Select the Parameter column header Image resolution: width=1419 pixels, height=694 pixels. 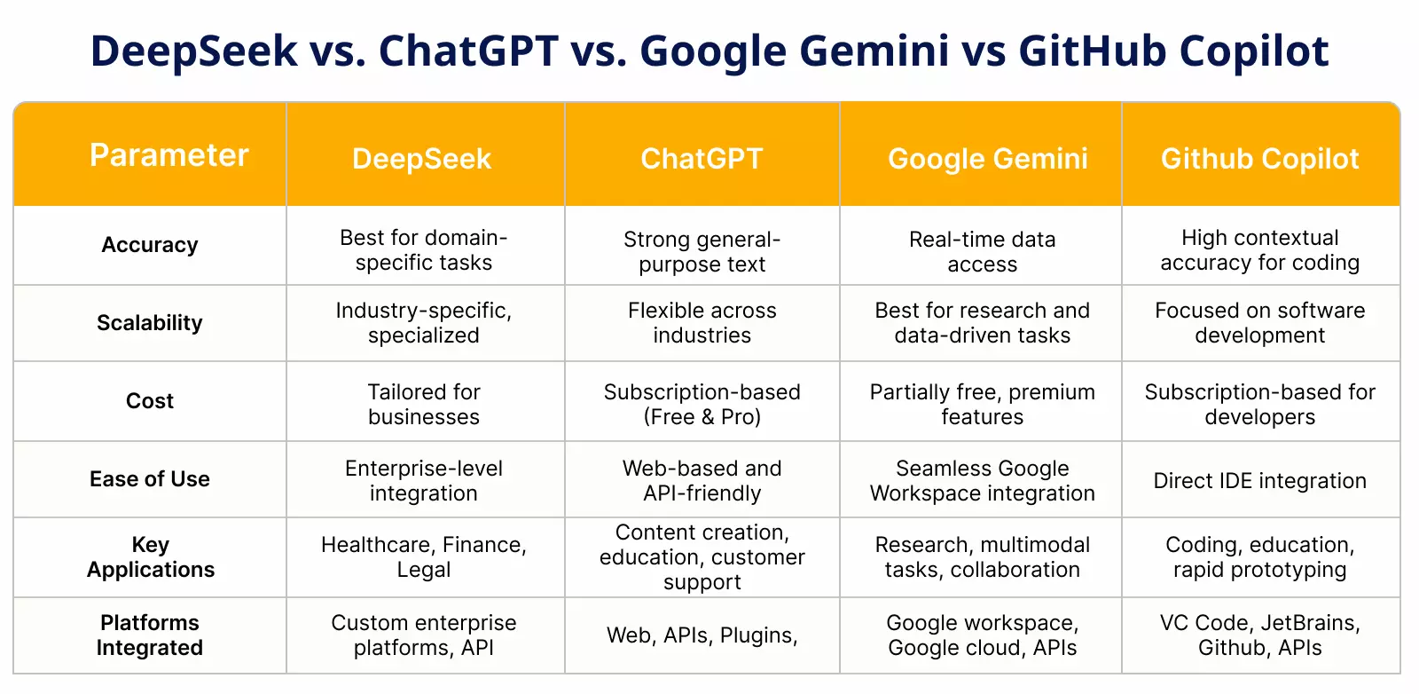click(169, 155)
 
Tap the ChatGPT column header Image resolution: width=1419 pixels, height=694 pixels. click(702, 159)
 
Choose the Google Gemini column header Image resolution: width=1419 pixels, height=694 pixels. click(988, 160)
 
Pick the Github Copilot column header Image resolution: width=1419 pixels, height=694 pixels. click(1260, 160)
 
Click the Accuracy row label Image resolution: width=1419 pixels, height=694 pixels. click(150, 245)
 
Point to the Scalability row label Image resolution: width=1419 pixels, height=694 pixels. click(150, 323)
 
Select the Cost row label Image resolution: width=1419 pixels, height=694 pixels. click(150, 400)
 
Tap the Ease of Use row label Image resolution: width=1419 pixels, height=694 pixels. click(150, 479)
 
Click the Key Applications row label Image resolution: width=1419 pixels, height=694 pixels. click(151, 557)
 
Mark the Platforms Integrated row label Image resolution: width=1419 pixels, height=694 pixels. click(150, 635)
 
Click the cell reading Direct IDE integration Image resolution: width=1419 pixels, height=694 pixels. click(1260, 481)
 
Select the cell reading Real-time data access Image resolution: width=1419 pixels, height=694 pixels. click(983, 252)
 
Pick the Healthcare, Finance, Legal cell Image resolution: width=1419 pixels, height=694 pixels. click(424, 557)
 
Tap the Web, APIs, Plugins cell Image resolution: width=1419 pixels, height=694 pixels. click(702, 635)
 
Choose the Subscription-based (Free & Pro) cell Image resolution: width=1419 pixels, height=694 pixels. click(702, 405)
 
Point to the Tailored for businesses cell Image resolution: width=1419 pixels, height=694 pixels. click(424, 405)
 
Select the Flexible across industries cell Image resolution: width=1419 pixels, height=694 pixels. click(702, 323)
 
